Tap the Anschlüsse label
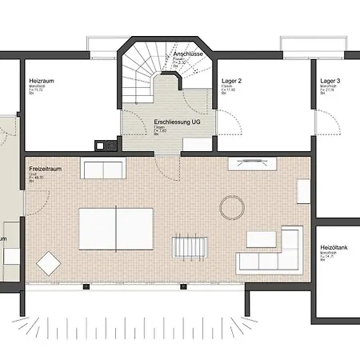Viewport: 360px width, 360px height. point(186,55)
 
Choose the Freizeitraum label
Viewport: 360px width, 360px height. point(46,170)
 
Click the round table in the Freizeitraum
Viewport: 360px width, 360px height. point(233,207)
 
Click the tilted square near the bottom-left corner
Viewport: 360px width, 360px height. point(50,263)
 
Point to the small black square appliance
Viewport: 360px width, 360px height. point(100,146)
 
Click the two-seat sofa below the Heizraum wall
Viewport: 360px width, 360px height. point(103,170)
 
